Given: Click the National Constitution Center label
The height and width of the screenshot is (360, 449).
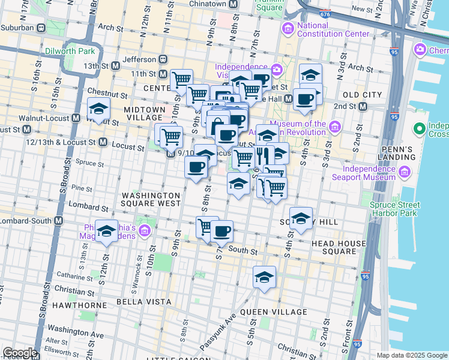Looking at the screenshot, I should (333, 30).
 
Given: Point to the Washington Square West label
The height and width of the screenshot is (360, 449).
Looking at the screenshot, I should (151, 199).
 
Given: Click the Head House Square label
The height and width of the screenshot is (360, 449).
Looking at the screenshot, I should (339, 247).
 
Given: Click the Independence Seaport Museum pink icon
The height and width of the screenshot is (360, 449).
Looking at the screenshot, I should (404, 173).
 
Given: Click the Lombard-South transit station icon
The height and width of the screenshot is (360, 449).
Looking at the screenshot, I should (58, 220).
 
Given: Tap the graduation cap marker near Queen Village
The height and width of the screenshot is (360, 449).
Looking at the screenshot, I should (264, 277).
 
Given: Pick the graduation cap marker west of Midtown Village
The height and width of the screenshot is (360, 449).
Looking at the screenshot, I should (98, 109).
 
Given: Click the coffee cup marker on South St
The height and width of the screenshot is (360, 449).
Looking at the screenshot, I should (221, 230).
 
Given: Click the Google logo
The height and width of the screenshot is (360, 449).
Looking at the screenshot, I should (20, 353).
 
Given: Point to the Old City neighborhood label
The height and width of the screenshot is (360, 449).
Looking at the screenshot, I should (361, 95).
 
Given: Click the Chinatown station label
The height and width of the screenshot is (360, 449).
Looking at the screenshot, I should (211, 4).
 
